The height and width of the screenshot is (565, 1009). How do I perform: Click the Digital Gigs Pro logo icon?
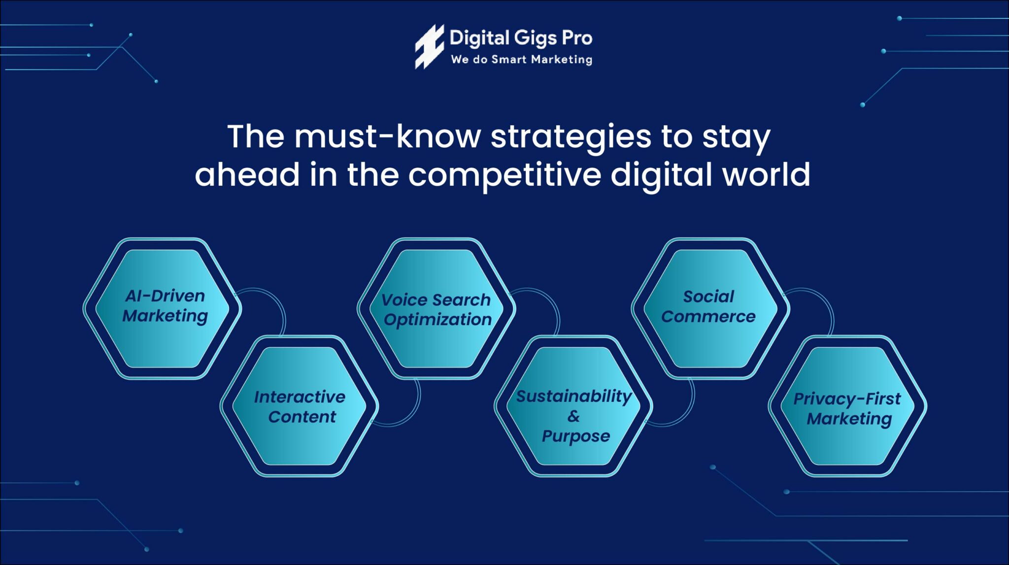(x=428, y=47)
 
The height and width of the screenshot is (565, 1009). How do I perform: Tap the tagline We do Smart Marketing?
(x=521, y=60)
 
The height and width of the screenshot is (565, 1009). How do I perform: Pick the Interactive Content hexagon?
(x=300, y=407)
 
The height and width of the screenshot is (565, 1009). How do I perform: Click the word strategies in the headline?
(x=571, y=136)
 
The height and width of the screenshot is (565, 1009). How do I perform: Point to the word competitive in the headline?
(x=504, y=175)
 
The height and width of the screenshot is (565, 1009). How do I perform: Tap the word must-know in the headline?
(x=387, y=136)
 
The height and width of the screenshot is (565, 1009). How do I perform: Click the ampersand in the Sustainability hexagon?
(x=573, y=416)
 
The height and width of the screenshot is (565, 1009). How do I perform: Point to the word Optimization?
(x=437, y=320)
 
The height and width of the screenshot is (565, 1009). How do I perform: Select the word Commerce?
(x=708, y=316)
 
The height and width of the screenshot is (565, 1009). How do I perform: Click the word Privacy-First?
(x=847, y=399)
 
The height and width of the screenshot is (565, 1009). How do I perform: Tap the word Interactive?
(x=300, y=397)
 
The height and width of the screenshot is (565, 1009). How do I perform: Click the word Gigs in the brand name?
(x=535, y=38)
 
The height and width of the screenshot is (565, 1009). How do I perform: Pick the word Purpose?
(x=575, y=436)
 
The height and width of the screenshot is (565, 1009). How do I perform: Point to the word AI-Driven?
(x=165, y=296)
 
